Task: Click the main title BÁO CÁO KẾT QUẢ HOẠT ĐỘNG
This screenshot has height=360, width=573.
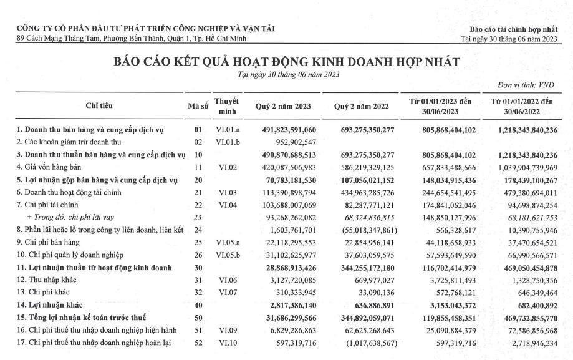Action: [286, 62]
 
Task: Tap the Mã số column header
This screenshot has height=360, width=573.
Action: [198, 105]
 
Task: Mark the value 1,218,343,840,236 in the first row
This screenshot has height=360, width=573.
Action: [529, 130]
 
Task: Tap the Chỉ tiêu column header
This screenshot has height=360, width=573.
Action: [99, 105]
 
